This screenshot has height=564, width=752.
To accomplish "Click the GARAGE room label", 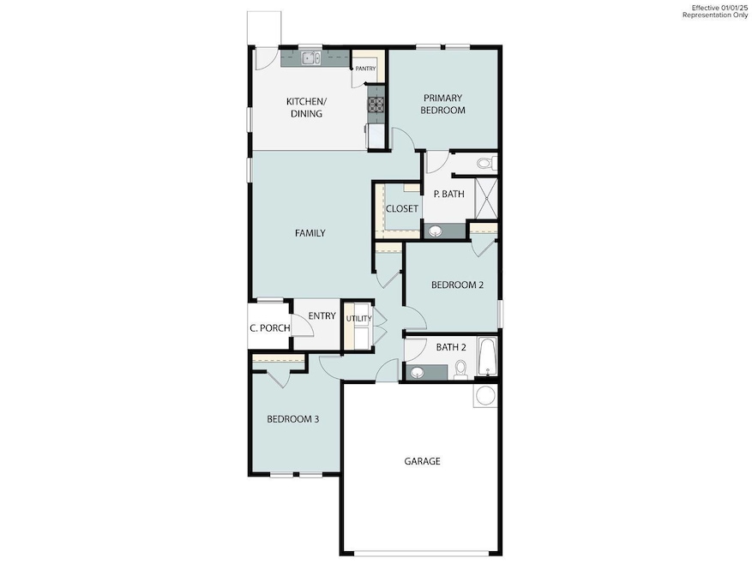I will coord(422,461).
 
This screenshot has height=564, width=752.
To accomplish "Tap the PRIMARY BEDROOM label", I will coord(443,104).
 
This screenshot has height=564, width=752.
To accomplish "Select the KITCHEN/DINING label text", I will coord(304,107).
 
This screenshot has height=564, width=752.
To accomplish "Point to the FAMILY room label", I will coord(310,233).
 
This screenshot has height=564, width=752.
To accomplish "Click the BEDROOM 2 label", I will coord(457,285).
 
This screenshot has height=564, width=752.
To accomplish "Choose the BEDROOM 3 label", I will coord(292,419).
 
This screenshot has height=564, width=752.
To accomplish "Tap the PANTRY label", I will coord(365,69).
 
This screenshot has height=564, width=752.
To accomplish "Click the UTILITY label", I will coord(358,319).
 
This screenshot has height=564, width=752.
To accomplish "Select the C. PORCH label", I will coord(269,328).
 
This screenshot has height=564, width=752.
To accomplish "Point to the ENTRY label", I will coord(322,316).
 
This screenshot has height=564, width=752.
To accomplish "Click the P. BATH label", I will coord(448,195).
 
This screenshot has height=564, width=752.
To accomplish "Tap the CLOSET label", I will coord(401,209).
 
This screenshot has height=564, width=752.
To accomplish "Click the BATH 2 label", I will coord(451,347).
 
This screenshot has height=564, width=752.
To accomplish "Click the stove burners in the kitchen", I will coord(376,105).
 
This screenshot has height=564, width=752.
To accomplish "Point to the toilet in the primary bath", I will coord(484,162).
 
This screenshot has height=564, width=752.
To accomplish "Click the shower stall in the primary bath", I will coord(486,199).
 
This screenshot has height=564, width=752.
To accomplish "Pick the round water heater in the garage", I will coord(485,396).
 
